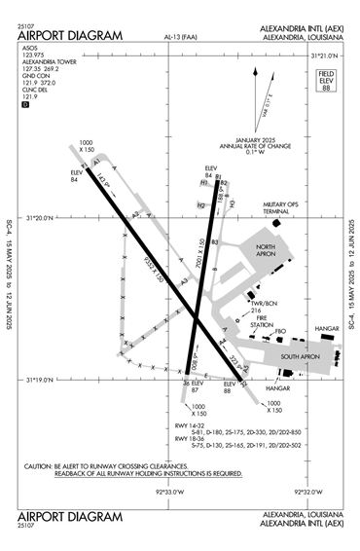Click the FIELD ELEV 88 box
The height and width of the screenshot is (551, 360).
point(328,81)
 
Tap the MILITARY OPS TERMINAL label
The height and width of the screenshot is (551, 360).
point(283,208)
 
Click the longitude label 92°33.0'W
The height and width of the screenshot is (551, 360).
point(169,492)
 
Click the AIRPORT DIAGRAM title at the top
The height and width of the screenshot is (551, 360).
point(70,36)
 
